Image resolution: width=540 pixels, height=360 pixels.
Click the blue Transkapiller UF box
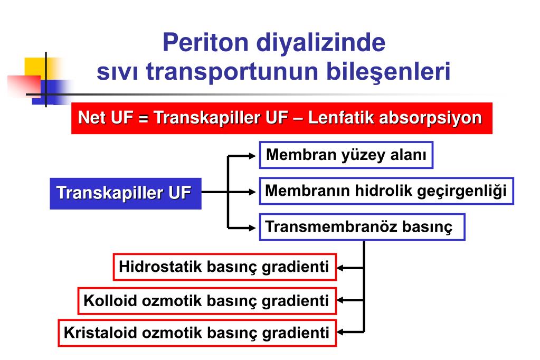[x=126, y=193]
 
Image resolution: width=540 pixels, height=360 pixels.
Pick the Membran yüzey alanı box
[x=346, y=155]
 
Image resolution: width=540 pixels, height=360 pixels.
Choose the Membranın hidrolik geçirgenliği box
[x=386, y=191]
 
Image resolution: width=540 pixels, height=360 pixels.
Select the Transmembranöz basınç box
[x=362, y=227]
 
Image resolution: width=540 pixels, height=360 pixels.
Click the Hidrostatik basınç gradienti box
[x=224, y=267]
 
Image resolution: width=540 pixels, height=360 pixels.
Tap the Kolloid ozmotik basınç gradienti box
[x=206, y=301]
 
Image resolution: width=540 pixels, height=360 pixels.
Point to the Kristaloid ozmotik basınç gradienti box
[x=197, y=333]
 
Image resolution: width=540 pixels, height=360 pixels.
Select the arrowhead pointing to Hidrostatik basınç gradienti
[x=342, y=268]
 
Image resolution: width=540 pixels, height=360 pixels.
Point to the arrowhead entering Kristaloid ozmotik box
[x=342, y=333]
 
